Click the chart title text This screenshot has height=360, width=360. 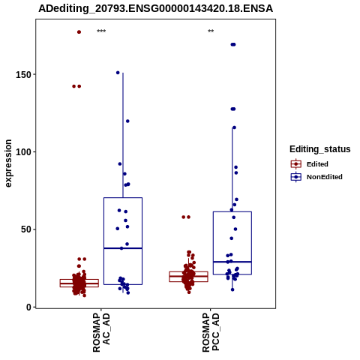click(x=155, y=9)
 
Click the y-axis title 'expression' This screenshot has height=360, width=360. click(x=8, y=163)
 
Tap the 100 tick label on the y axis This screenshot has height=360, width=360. click(x=24, y=152)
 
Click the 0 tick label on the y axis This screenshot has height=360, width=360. click(x=29, y=307)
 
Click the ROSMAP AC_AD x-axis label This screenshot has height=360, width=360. click(x=101, y=332)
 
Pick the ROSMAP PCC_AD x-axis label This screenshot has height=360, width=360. click(x=211, y=332)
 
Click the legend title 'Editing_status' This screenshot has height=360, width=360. click(x=320, y=149)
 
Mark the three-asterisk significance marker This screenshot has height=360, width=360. click(x=101, y=31)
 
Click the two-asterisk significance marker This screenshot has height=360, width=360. click(x=211, y=31)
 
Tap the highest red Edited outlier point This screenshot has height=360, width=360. click(x=79, y=32)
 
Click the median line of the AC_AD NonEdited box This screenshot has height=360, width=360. click(x=123, y=248)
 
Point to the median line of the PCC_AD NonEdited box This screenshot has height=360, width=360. click(x=232, y=262)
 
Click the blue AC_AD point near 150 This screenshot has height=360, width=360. click(x=118, y=73)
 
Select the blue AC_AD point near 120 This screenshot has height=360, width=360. click(x=127, y=121)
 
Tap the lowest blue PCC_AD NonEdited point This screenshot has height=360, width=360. click(x=232, y=289)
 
